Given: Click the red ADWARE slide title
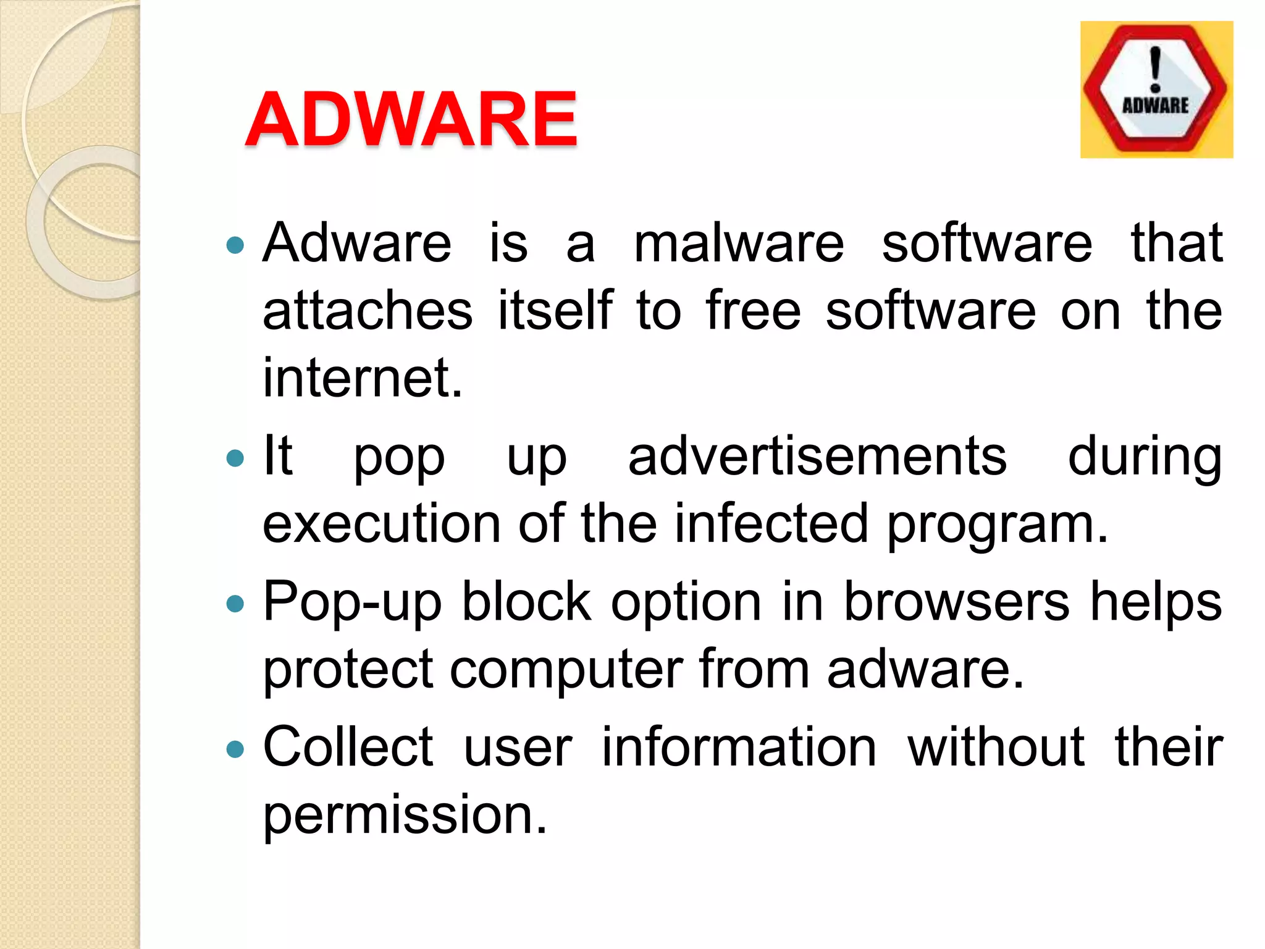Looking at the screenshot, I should tap(411, 119).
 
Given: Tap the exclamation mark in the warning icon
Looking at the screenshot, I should tap(1156, 69).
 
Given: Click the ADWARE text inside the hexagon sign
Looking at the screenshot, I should tap(1155, 106).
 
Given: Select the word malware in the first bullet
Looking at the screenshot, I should tap(739, 243).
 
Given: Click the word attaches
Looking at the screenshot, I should tap(368, 310).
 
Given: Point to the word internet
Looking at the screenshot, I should tap(362, 377).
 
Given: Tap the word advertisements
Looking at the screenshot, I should tap(817, 457).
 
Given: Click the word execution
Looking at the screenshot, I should tap(381, 524).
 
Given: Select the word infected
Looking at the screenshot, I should tap(771, 524).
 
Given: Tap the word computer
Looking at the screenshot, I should tap(566, 670).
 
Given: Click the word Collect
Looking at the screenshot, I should tap(348, 748).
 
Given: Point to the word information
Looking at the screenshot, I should tap(739, 748).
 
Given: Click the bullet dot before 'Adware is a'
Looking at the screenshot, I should tap(235, 246).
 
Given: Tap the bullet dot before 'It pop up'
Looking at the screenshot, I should tap(235, 458).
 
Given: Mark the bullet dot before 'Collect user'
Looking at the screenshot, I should tap(235, 750).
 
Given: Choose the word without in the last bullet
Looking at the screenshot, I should tap(996, 748).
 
